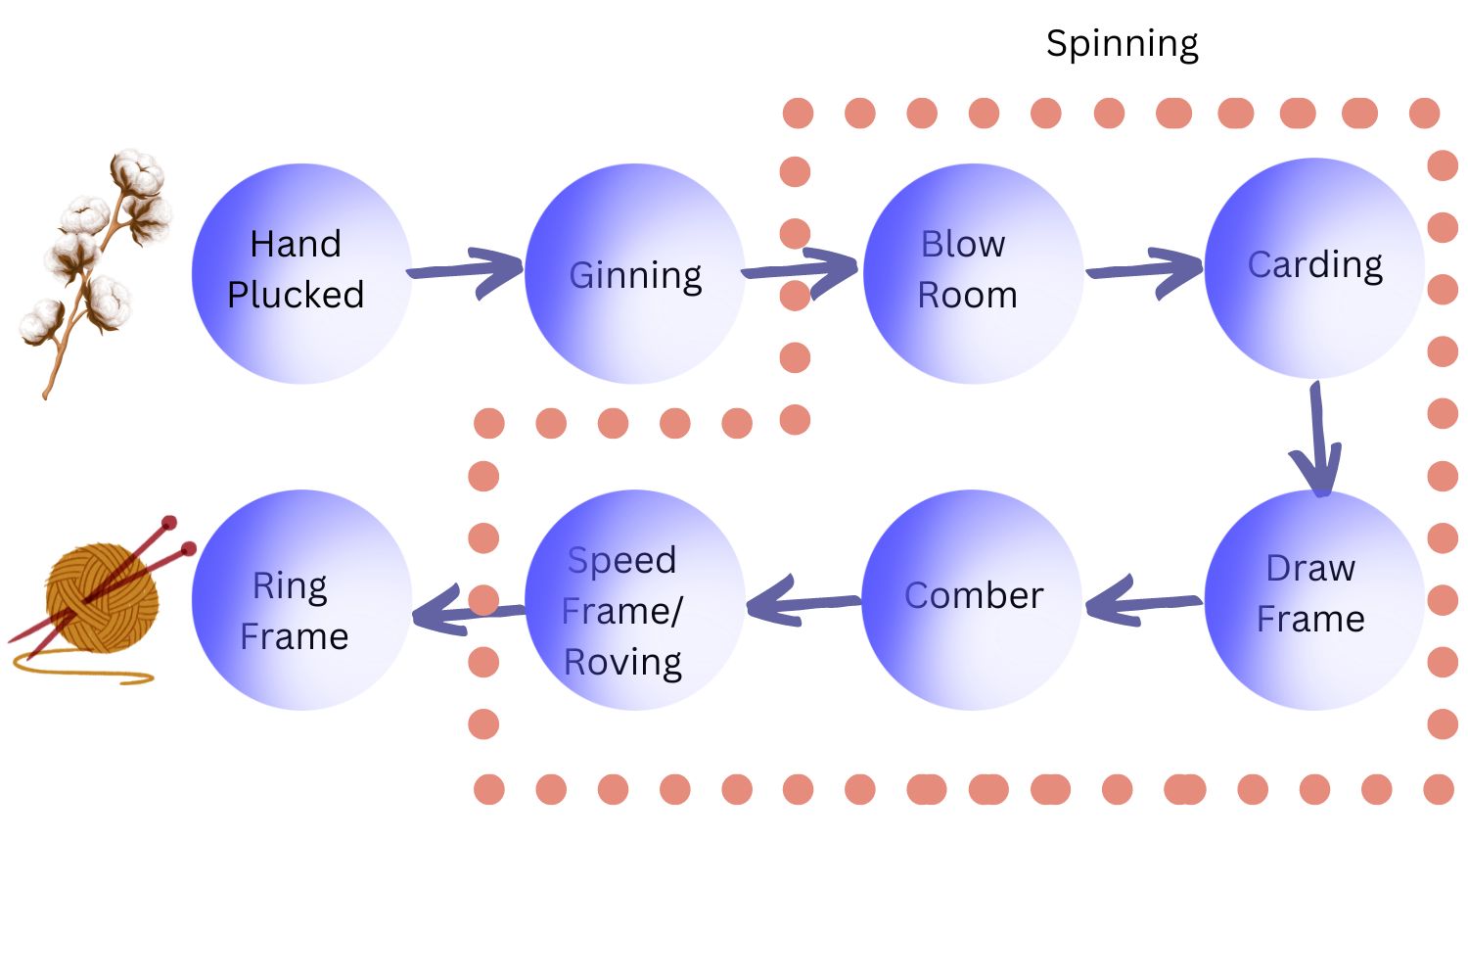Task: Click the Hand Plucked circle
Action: point(300,273)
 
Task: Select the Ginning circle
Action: point(635,273)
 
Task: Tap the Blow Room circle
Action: point(973,273)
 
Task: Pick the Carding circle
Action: point(1314,267)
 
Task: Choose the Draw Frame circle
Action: point(1314,599)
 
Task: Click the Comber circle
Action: point(973,599)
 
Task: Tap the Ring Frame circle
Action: point(300,599)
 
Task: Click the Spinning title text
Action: point(1122,44)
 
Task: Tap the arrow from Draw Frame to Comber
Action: point(1143,601)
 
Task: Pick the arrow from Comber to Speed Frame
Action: point(803,601)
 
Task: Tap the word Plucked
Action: point(296,295)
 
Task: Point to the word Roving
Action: point(623,663)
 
